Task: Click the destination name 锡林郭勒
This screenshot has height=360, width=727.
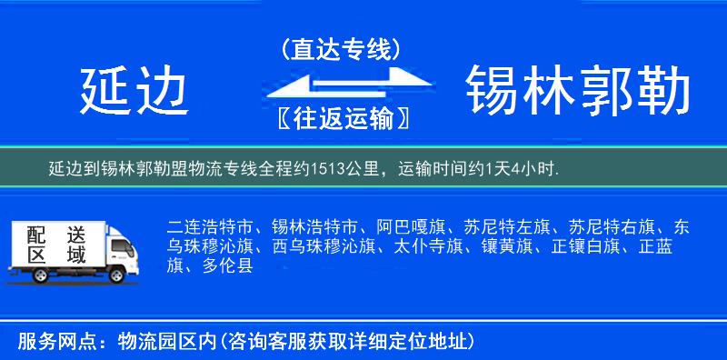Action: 577,91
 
